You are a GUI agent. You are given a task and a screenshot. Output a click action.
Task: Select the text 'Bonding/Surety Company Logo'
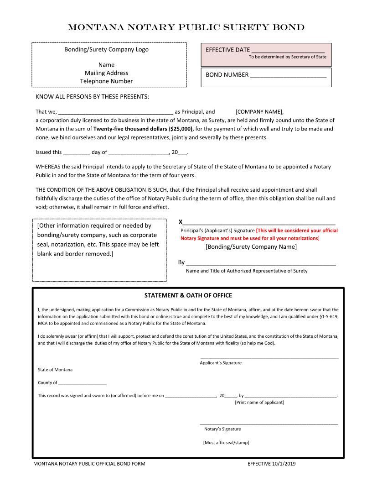pyautogui.click(x=106, y=49)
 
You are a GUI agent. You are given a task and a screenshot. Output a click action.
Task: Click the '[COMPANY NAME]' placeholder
pyautogui.click(x=259, y=111)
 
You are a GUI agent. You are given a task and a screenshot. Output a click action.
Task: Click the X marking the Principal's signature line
pyautogui.click(x=181, y=222)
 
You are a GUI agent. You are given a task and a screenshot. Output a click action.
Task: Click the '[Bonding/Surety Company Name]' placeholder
pyautogui.click(x=251, y=247)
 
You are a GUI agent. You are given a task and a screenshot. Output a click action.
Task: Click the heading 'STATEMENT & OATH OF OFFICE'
pyautogui.click(x=188, y=295)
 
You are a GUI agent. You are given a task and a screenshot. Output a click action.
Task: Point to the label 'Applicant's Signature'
pyautogui.click(x=221, y=363)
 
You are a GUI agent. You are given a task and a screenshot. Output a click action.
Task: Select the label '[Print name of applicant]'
pyautogui.click(x=259, y=402)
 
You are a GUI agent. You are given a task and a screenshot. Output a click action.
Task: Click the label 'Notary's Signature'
pyautogui.click(x=222, y=429)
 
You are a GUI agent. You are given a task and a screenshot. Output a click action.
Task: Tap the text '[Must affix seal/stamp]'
pyautogui.click(x=226, y=442)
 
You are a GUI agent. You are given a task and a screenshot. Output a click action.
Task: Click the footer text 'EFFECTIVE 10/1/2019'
pyautogui.click(x=272, y=464)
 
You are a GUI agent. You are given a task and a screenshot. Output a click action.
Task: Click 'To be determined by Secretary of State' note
pyautogui.click(x=287, y=57)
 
